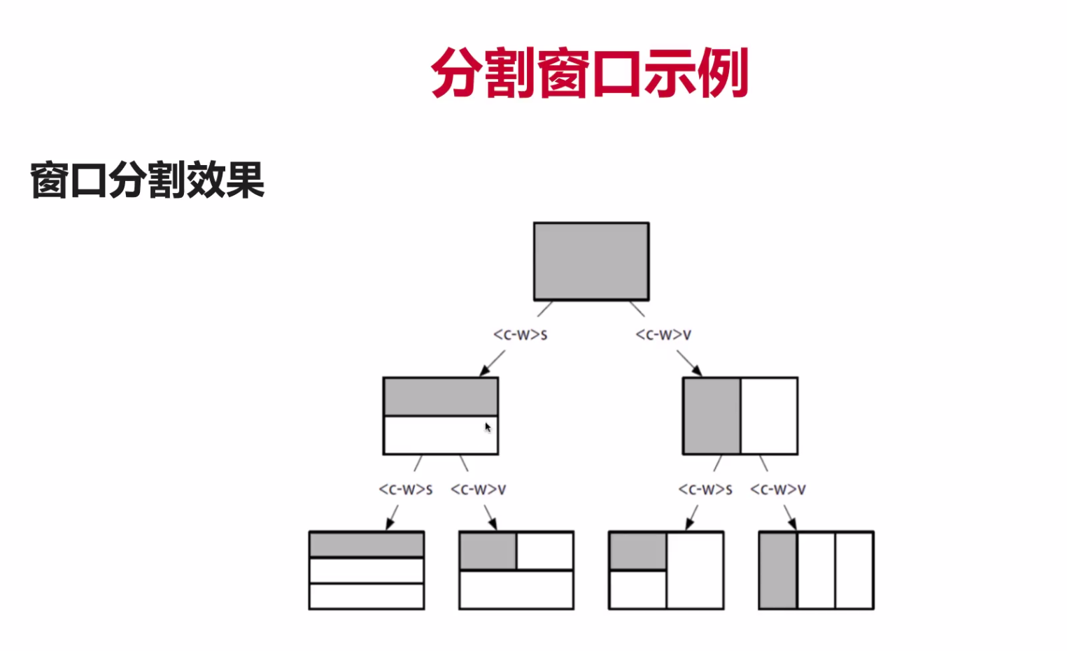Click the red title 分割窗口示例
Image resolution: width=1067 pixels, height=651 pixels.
point(589,73)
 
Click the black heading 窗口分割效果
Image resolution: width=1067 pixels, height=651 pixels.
point(147,180)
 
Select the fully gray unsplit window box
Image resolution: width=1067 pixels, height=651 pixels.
point(591,261)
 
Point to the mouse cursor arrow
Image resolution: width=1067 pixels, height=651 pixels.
point(488,427)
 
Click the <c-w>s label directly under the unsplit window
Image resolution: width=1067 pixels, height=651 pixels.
point(520,335)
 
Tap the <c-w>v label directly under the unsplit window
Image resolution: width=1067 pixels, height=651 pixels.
point(663,335)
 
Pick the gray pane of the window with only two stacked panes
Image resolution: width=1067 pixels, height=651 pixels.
point(440,396)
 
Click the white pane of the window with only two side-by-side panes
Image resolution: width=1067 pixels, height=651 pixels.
point(769,416)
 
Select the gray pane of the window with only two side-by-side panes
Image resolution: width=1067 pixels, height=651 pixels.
point(712,416)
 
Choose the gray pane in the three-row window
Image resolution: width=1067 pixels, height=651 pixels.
point(367,544)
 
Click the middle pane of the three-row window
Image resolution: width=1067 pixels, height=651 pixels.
point(367,571)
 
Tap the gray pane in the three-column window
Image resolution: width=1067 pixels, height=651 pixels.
point(778,571)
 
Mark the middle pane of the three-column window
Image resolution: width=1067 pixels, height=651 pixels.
point(816,571)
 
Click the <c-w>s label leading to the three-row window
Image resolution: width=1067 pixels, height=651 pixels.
point(405,489)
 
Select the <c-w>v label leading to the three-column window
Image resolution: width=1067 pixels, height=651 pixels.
point(777,489)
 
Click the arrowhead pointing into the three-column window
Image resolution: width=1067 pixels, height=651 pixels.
point(792,524)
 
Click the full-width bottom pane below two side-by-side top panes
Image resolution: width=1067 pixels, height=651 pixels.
point(516,589)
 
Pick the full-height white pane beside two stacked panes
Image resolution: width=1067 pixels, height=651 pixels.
point(695,571)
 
